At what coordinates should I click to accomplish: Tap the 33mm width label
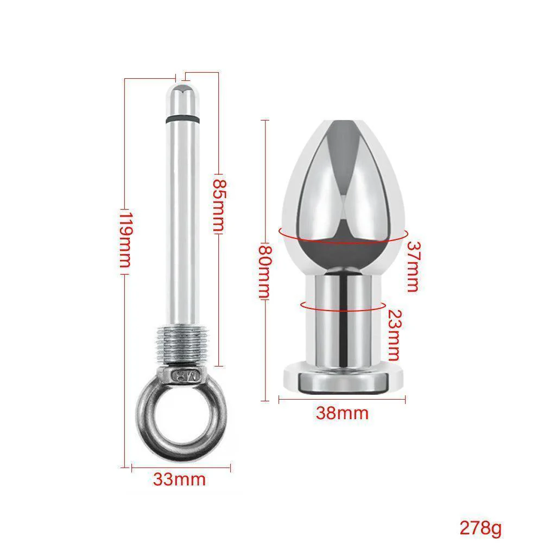tap(179, 480)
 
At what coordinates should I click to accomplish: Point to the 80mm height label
tap(264, 272)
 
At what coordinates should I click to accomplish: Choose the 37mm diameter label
tap(413, 267)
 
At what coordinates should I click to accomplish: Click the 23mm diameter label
tap(394, 335)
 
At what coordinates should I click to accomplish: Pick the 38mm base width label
tap(342, 414)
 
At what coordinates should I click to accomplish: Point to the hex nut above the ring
tap(183, 374)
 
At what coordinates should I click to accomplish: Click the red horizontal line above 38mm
tap(342, 400)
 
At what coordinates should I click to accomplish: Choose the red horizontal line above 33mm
tap(179, 465)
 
